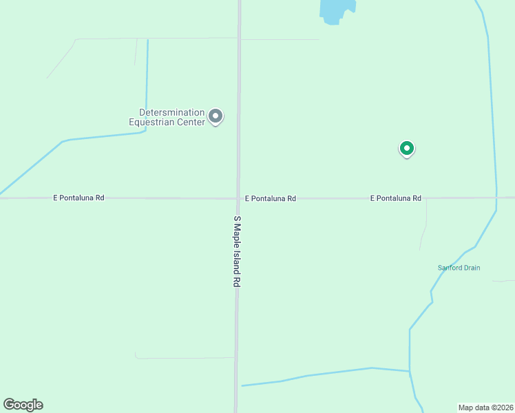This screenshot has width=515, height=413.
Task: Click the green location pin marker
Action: click(x=407, y=148)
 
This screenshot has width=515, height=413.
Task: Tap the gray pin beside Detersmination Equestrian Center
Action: click(x=216, y=116)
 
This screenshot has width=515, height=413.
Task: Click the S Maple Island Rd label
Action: click(x=237, y=251)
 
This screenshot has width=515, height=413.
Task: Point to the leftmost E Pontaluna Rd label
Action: click(x=78, y=198)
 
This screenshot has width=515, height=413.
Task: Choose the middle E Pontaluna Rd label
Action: click(x=271, y=198)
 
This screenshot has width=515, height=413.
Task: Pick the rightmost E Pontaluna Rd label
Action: click(x=395, y=198)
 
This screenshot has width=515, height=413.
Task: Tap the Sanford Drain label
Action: click(x=459, y=268)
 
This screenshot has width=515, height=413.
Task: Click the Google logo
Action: click(x=23, y=405)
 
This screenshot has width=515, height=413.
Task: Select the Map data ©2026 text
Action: click(x=485, y=407)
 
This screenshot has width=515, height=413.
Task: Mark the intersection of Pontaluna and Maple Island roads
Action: click(x=238, y=198)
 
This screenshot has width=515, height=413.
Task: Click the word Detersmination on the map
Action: click(x=171, y=112)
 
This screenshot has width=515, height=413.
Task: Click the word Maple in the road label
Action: click(x=237, y=233)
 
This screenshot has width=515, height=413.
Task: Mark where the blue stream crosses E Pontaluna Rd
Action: click(x=496, y=198)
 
